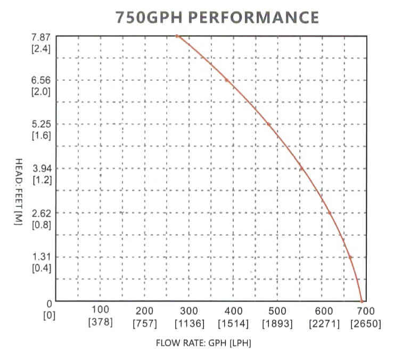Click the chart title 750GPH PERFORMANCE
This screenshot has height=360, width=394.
coord(217,17)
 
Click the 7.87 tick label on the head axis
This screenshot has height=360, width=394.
coord(42,36)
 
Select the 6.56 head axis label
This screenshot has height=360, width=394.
coord(42,80)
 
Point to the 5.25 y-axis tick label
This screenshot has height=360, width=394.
coord(42,124)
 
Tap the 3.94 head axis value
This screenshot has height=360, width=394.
coord(42,169)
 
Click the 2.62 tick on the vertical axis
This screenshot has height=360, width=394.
coord(42,213)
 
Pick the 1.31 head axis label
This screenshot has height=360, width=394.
coord(42,257)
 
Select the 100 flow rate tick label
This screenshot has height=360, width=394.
coord(101,310)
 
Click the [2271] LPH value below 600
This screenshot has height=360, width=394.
coord(321,322)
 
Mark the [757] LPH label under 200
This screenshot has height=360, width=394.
coord(144,322)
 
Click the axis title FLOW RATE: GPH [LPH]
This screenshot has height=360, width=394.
coord(203,343)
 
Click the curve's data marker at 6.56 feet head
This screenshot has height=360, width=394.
coord(226,80)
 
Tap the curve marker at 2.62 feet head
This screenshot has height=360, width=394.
coord(330,213)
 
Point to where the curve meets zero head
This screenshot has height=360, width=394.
coord(362,302)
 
